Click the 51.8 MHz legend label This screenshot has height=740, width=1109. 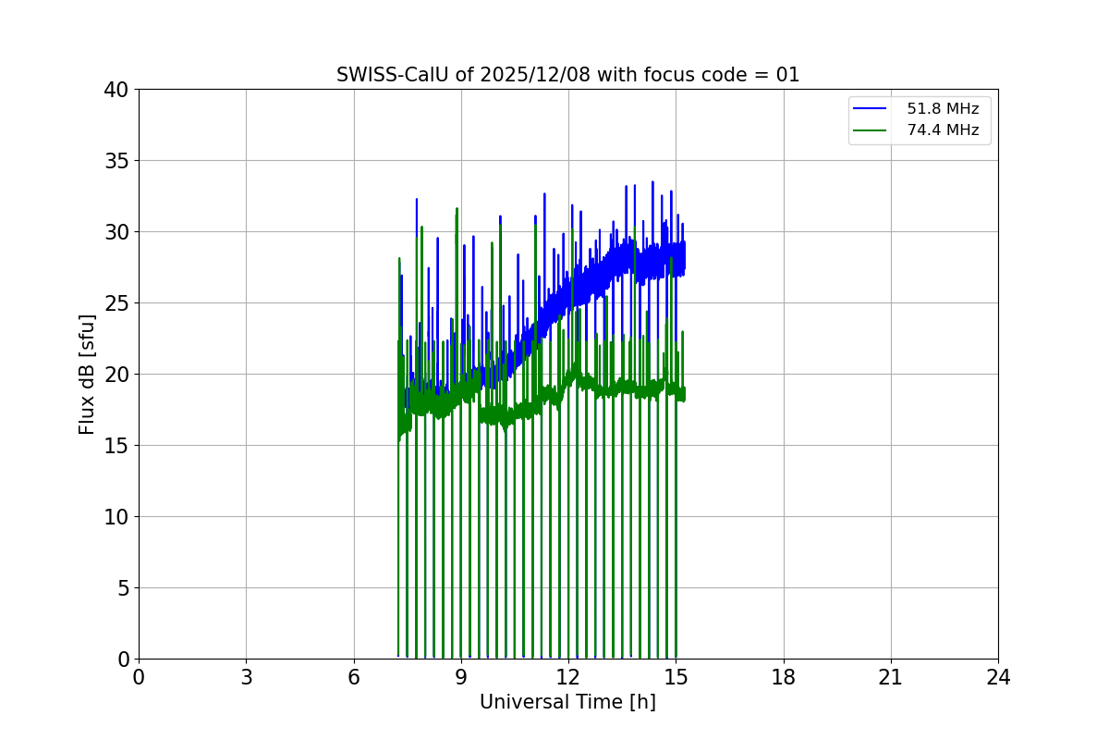942,109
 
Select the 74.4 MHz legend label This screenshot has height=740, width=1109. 942,130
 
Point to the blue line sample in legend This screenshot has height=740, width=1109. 870,109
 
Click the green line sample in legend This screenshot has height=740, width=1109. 870,130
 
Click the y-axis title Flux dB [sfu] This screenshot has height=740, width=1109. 87,374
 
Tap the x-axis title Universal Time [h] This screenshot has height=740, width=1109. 567,702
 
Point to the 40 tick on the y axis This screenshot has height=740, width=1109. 116,90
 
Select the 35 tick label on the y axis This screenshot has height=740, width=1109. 116,161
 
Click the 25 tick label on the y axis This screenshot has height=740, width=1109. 116,303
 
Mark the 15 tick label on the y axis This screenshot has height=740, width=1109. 116,446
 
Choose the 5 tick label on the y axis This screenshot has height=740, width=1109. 121,588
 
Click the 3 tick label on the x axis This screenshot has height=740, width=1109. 246,677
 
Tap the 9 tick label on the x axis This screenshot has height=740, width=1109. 461,677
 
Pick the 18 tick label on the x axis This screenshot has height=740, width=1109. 783,677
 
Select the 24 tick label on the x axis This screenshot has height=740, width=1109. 998,677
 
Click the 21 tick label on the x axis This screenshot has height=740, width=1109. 891,677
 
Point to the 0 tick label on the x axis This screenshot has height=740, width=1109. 139,677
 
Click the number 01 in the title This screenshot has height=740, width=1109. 787,75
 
